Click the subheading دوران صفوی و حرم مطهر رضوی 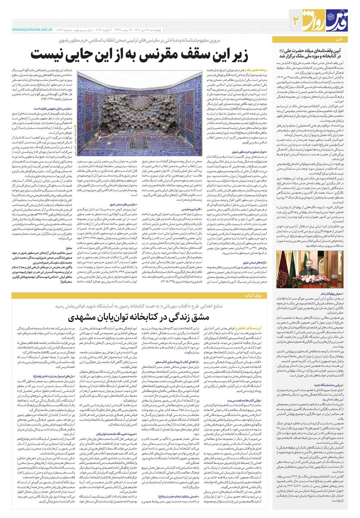point(250,152)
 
